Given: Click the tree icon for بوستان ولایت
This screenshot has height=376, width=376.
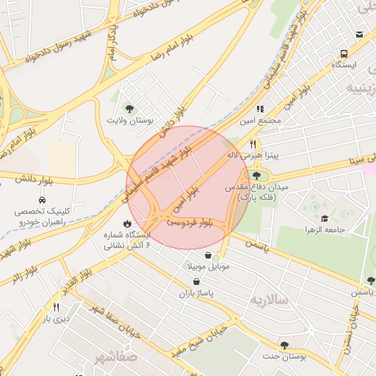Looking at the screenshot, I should coord(130,109).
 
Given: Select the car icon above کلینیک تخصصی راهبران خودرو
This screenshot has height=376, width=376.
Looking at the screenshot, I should coord(42,200).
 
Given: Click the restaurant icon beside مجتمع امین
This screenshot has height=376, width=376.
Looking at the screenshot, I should coord(260,109).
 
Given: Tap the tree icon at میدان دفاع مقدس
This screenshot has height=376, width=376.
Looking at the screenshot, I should coord(256,176).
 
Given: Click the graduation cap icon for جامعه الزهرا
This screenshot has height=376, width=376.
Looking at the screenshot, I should coord(324,219).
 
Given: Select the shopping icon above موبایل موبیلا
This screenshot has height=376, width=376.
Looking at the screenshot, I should coord(209,255).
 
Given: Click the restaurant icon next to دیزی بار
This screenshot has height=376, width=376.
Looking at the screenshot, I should coord(55,307).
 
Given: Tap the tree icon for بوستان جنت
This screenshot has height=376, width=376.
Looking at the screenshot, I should coord(284,344).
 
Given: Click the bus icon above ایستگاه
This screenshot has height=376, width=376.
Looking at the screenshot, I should coord(344,54).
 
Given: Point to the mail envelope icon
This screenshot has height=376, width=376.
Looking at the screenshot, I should coord(359,35).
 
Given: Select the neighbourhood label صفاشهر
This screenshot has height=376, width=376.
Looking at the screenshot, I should coord(115,358).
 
